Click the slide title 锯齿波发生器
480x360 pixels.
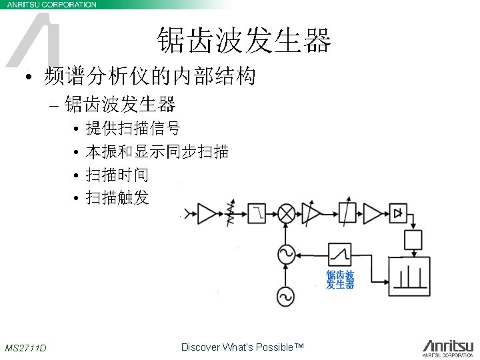tap(244, 41)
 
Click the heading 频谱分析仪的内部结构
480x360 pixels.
tap(149, 77)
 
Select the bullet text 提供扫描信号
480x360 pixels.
tap(133, 127)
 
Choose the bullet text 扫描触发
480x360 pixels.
tap(117, 198)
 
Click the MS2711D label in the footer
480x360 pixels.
tap(25, 348)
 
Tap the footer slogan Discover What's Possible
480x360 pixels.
tap(242, 347)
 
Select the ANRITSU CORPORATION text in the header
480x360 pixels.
tap(51, 4)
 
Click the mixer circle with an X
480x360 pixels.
tap(287, 213)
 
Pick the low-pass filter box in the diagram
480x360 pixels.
tap(258, 213)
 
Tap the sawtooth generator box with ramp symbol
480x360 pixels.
tap(339, 253)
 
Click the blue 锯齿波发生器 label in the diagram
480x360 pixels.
tap(339, 279)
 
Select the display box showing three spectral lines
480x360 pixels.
tap(409, 276)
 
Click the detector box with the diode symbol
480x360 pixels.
tap(399, 213)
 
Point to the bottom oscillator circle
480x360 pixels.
tap(287, 295)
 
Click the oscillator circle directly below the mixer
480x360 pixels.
tap(287, 253)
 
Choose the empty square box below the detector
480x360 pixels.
tap(414, 238)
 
